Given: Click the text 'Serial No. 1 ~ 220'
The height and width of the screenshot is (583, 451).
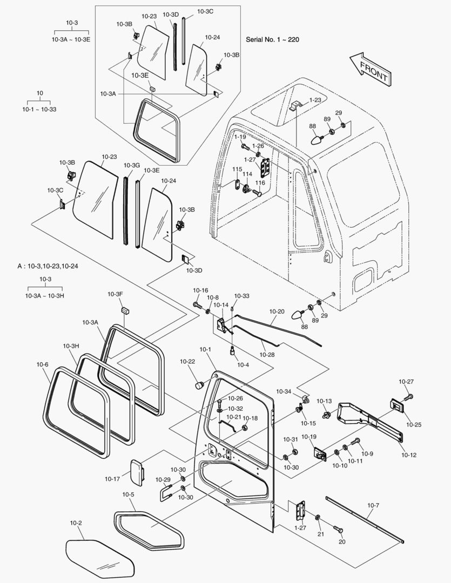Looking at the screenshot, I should [x=272, y=40].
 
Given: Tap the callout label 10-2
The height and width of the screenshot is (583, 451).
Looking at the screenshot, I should [x=76, y=523].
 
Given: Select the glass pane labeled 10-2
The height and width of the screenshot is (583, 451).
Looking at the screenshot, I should [x=100, y=558].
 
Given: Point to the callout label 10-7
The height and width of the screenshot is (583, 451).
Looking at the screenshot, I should [x=373, y=505].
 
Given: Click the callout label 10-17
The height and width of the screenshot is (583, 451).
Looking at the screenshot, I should [x=112, y=478].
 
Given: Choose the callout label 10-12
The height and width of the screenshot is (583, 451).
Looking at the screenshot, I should [x=409, y=455].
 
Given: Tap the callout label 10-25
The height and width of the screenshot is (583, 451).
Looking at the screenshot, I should [x=414, y=425].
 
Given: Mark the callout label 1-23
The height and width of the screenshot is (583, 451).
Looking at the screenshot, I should [x=315, y=100].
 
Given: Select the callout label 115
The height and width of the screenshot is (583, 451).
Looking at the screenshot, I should [x=237, y=170].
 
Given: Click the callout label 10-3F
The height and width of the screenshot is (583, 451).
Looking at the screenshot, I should [x=115, y=294].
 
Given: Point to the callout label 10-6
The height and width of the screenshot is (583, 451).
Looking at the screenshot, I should [x=43, y=365].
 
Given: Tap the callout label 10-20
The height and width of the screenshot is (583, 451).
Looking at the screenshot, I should [x=277, y=311].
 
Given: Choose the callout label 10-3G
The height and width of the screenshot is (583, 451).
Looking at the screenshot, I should [x=132, y=165].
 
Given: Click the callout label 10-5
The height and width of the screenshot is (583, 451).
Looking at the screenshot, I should [x=128, y=494].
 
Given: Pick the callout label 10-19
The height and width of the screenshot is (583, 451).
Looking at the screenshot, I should [x=309, y=437].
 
